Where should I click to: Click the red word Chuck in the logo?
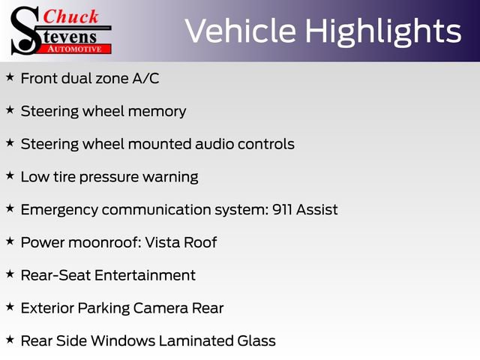pos(71,16)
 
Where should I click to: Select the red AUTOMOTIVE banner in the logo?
pos(75,48)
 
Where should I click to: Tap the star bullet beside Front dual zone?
pos(10,77)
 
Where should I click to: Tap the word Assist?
pos(317,209)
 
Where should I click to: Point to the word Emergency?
pos(58,209)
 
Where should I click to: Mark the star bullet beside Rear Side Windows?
pos(10,340)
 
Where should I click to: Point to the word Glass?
pos(257,341)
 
